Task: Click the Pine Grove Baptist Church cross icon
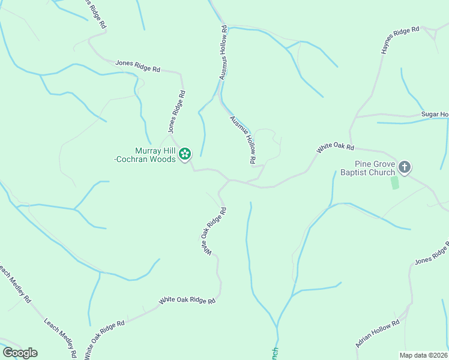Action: tap(405, 167)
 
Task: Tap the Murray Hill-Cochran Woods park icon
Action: tap(185, 155)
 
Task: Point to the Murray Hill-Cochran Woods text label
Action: tap(154, 155)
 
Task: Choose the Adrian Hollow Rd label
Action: tap(378, 334)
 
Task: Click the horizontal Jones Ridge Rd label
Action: tap(138, 65)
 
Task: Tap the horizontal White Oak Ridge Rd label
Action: tap(187, 301)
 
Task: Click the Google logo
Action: tap(20, 352)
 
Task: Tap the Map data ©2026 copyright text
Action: tap(423, 355)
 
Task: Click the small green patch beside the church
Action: tap(394, 182)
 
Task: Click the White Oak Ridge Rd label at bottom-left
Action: tap(104, 339)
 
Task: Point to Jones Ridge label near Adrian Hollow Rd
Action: tap(432, 255)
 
